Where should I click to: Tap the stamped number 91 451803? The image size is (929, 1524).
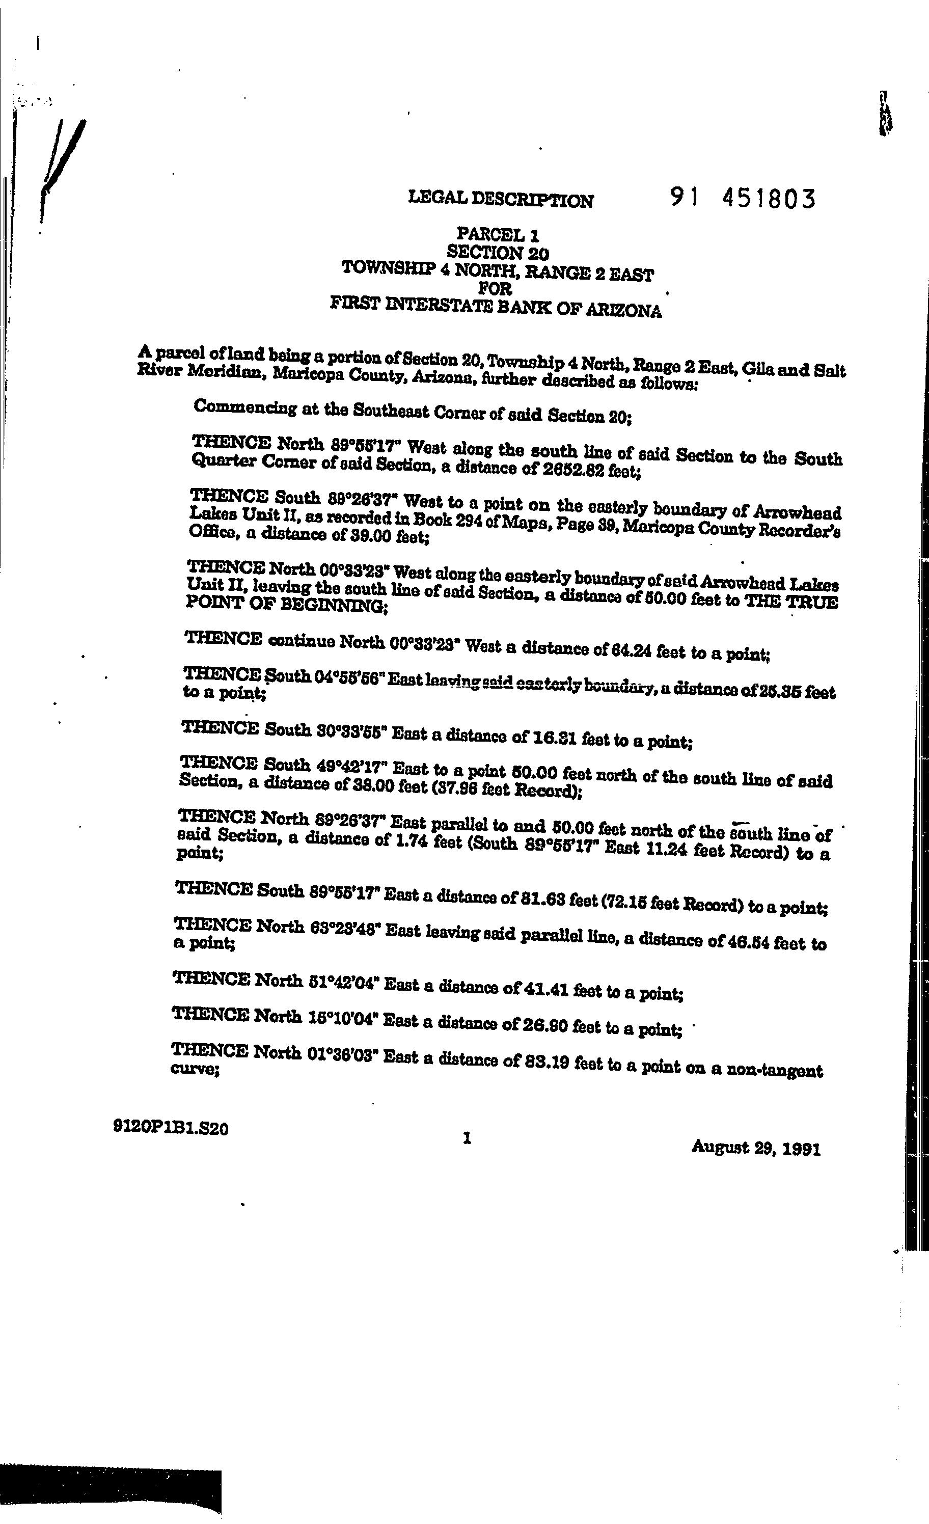[743, 199]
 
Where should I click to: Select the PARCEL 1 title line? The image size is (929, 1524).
[499, 234]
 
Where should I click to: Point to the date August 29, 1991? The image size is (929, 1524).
[756, 1148]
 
